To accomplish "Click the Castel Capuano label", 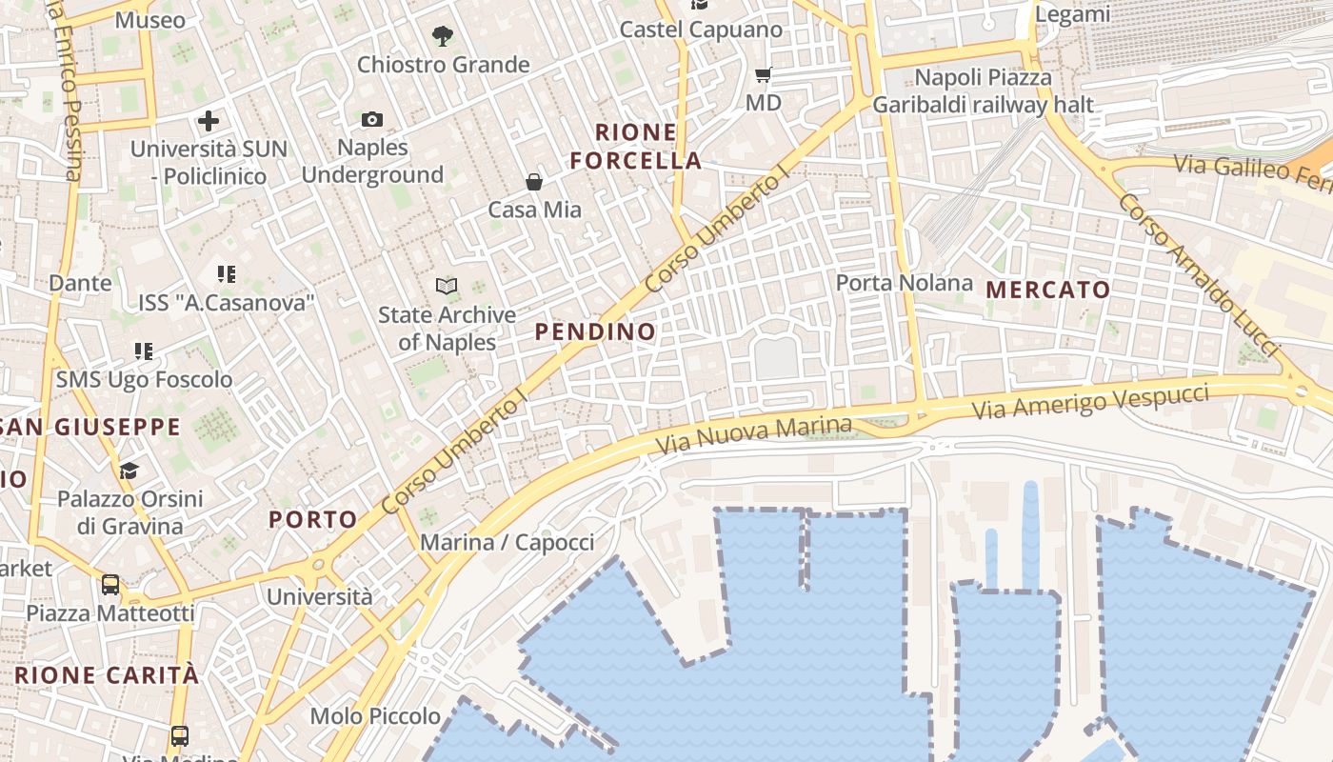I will point(701,30).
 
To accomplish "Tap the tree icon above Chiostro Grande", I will point(442,37).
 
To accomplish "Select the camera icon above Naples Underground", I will point(372,119).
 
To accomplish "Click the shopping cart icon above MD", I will point(763,74).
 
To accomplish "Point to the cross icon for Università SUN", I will point(209,121).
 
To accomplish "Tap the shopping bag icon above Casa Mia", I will point(534,182).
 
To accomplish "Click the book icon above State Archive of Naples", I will point(446,286).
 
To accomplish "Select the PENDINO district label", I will point(595,331).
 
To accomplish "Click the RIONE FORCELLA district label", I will point(636,147).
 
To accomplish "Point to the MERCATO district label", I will point(1048,290).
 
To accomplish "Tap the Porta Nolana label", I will point(905,283).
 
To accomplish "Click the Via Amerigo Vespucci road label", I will point(1090,401).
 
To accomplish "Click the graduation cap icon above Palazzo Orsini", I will point(129,471).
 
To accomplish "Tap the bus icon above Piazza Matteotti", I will point(110,584).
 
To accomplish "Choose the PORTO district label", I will point(312,519).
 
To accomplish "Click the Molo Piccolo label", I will point(375,716).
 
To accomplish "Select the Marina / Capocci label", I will point(507,543).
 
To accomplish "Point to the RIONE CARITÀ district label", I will point(108,675).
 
